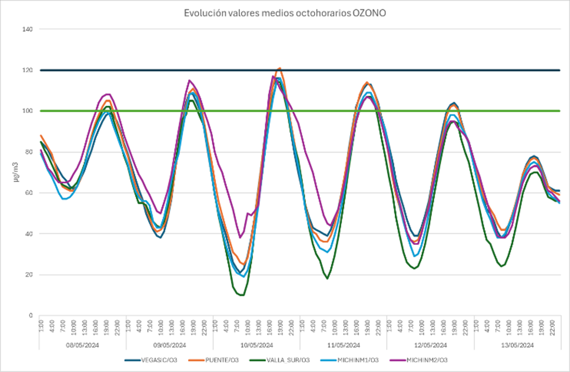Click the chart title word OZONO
[x=369, y=12]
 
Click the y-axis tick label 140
[x=27, y=29]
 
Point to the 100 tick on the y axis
[x=27, y=111]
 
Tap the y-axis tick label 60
[x=28, y=193]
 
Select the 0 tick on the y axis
[x=30, y=316]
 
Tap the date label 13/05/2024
[x=517, y=344]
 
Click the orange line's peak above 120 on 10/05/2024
[x=280, y=68]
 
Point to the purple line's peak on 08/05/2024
[x=109, y=94]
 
